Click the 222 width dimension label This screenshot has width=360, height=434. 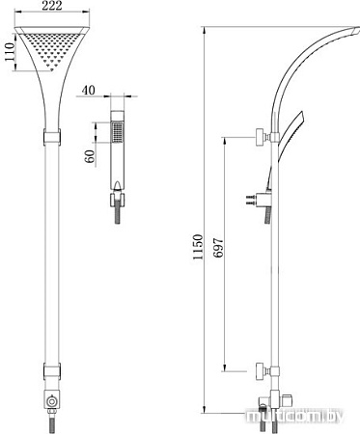[52, 6]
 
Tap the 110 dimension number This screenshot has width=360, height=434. [10, 52]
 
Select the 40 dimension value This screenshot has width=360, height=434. [89, 91]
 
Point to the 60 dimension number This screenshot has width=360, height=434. [91, 156]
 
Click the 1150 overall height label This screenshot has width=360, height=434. [197, 247]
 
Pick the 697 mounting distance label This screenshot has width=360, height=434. [218, 248]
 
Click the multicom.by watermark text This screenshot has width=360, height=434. [294, 417]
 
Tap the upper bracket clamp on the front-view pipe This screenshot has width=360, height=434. [52, 137]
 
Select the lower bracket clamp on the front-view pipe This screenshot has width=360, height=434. [52, 371]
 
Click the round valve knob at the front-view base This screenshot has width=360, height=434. [51, 401]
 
